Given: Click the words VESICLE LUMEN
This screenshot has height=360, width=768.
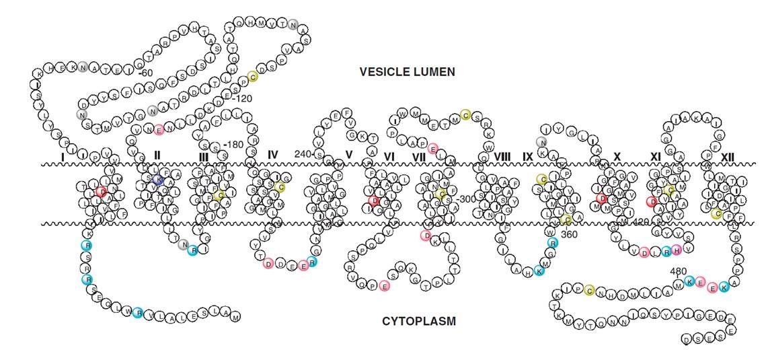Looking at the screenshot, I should pos(407,71).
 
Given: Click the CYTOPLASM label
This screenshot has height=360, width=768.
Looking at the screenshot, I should pos(419,322).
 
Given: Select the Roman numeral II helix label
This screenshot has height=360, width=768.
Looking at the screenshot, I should pos(157,155).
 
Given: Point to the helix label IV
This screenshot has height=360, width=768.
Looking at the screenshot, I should pos(272,155).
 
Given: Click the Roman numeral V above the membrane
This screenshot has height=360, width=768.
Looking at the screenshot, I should pos(348,155).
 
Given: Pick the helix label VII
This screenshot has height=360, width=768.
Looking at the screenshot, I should pos(418,156).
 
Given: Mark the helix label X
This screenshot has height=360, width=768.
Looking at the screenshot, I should pos(616,156).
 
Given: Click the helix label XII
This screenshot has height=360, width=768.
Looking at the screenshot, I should pos(727,156).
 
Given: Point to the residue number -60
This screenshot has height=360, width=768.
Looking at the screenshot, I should pos(147,72).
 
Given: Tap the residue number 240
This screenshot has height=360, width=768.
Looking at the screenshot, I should pos(303,154).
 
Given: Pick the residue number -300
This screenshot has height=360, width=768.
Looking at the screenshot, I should pos(466,199).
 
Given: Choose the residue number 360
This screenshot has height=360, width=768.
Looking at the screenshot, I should pos(569,233).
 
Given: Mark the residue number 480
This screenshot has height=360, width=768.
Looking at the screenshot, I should pos(679,271).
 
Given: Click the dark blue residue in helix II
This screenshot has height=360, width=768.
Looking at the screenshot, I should pos(158,179).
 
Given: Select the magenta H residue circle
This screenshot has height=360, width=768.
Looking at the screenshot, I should pos(677,250).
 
